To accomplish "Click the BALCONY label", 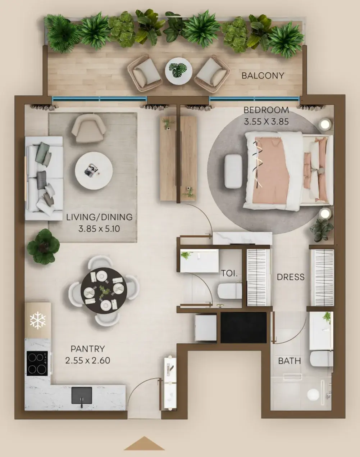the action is (x=263, y=76).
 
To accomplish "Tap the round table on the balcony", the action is (x=179, y=71).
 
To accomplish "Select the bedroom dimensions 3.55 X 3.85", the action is (x=266, y=122).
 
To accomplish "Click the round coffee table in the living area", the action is (x=94, y=171).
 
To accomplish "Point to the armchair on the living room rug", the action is (x=89, y=128).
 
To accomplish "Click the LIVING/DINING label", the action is (x=99, y=217).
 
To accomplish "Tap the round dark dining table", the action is (x=104, y=290).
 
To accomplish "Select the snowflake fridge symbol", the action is (x=38, y=320).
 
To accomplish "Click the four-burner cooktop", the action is (x=37, y=363).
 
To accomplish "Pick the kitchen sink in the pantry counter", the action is (x=82, y=395).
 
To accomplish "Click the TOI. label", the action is (x=229, y=273).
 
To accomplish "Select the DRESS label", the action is (x=291, y=277).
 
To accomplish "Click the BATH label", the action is (x=290, y=361).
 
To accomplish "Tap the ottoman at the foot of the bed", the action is (x=233, y=171).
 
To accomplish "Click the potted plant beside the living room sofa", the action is (x=43, y=246).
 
